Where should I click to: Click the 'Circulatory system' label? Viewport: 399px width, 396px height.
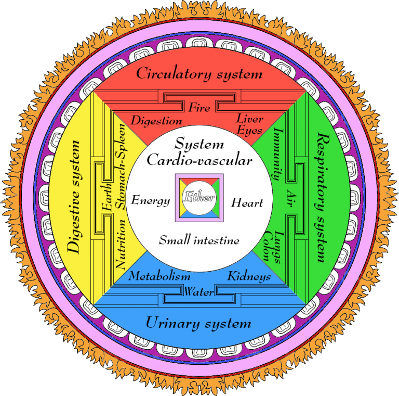[x=199, y=74]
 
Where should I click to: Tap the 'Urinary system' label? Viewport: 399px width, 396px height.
[x=198, y=323]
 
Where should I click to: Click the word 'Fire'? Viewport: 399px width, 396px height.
[x=199, y=108]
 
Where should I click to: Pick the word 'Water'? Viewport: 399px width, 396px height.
[x=198, y=291]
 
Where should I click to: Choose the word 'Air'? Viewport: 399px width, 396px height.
[x=291, y=197]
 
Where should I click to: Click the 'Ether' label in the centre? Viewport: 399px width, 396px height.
[x=199, y=198]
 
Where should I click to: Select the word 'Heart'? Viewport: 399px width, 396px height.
[x=247, y=202]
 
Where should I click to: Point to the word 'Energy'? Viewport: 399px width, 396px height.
[x=151, y=200]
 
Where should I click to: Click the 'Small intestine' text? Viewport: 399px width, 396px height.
[x=199, y=240]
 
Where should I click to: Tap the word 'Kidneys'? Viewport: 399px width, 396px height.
[x=249, y=277]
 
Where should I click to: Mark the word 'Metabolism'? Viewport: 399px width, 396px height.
[x=159, y=276]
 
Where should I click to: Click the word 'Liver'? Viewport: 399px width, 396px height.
[x=250, y=119]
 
